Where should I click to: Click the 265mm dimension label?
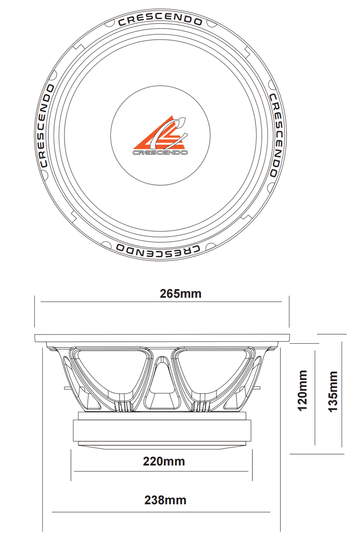180,293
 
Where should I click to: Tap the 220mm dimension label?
164,461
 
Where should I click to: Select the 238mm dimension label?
165,500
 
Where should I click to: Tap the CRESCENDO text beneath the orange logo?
160,153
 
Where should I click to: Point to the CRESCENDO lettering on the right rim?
276,135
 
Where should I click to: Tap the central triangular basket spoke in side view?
162,382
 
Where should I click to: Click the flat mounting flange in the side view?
162,338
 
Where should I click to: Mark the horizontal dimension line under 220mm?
161,471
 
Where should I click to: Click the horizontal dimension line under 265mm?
161,301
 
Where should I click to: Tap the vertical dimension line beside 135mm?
342,394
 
